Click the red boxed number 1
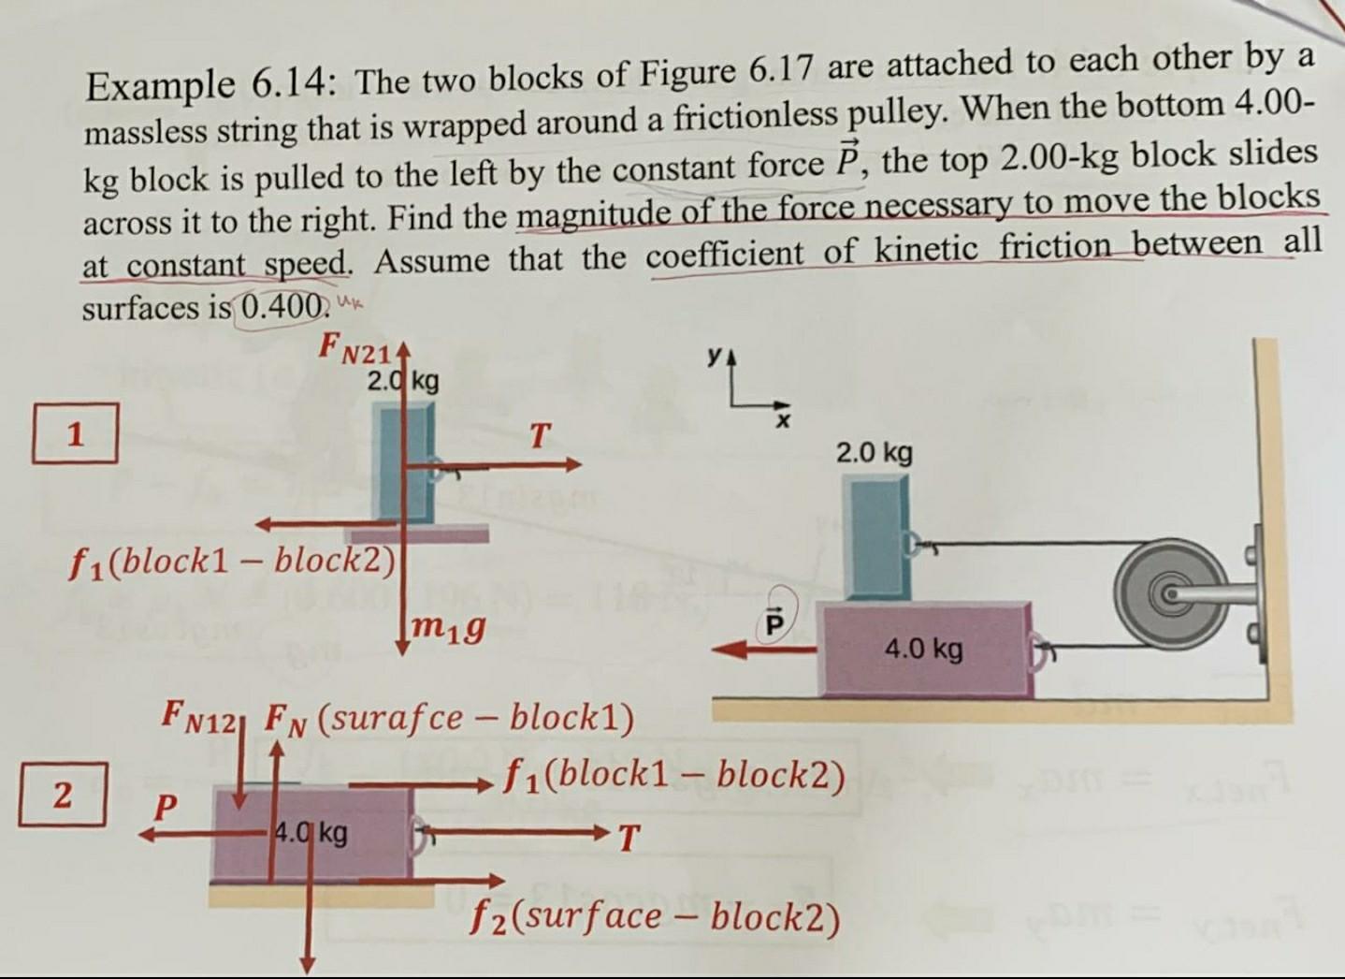click(75, 433)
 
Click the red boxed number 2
click(62, 795)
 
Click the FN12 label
click(202, 716)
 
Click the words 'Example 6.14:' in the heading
click(210, 86)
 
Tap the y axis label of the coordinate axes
click(715, 356)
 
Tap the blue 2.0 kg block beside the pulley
click(875, 537)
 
